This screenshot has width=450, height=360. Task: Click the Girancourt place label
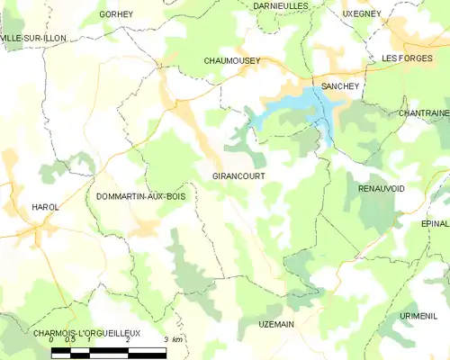point(238,176)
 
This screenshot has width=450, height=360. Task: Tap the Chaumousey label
point(231,60)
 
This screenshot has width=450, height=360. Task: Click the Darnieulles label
point(280,5)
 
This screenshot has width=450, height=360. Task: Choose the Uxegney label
point(363,14)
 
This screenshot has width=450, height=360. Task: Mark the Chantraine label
point(422,113)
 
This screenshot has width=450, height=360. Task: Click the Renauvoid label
point(381,189)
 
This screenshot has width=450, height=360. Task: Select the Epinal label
point(434,223)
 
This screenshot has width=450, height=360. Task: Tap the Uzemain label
point(276,323)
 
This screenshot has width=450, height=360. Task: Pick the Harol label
point(45,207)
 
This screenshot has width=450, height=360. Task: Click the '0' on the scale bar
point(52,339)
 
